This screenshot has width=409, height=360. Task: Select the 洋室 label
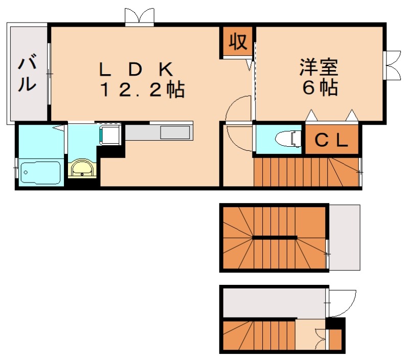point(319,67)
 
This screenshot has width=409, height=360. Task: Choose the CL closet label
point(331,140)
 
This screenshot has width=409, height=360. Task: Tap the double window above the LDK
point(139,17)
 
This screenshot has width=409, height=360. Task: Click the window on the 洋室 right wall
point(392,64)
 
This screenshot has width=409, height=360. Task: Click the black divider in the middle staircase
point(275,237)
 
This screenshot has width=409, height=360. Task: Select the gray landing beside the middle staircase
point(344,237)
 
